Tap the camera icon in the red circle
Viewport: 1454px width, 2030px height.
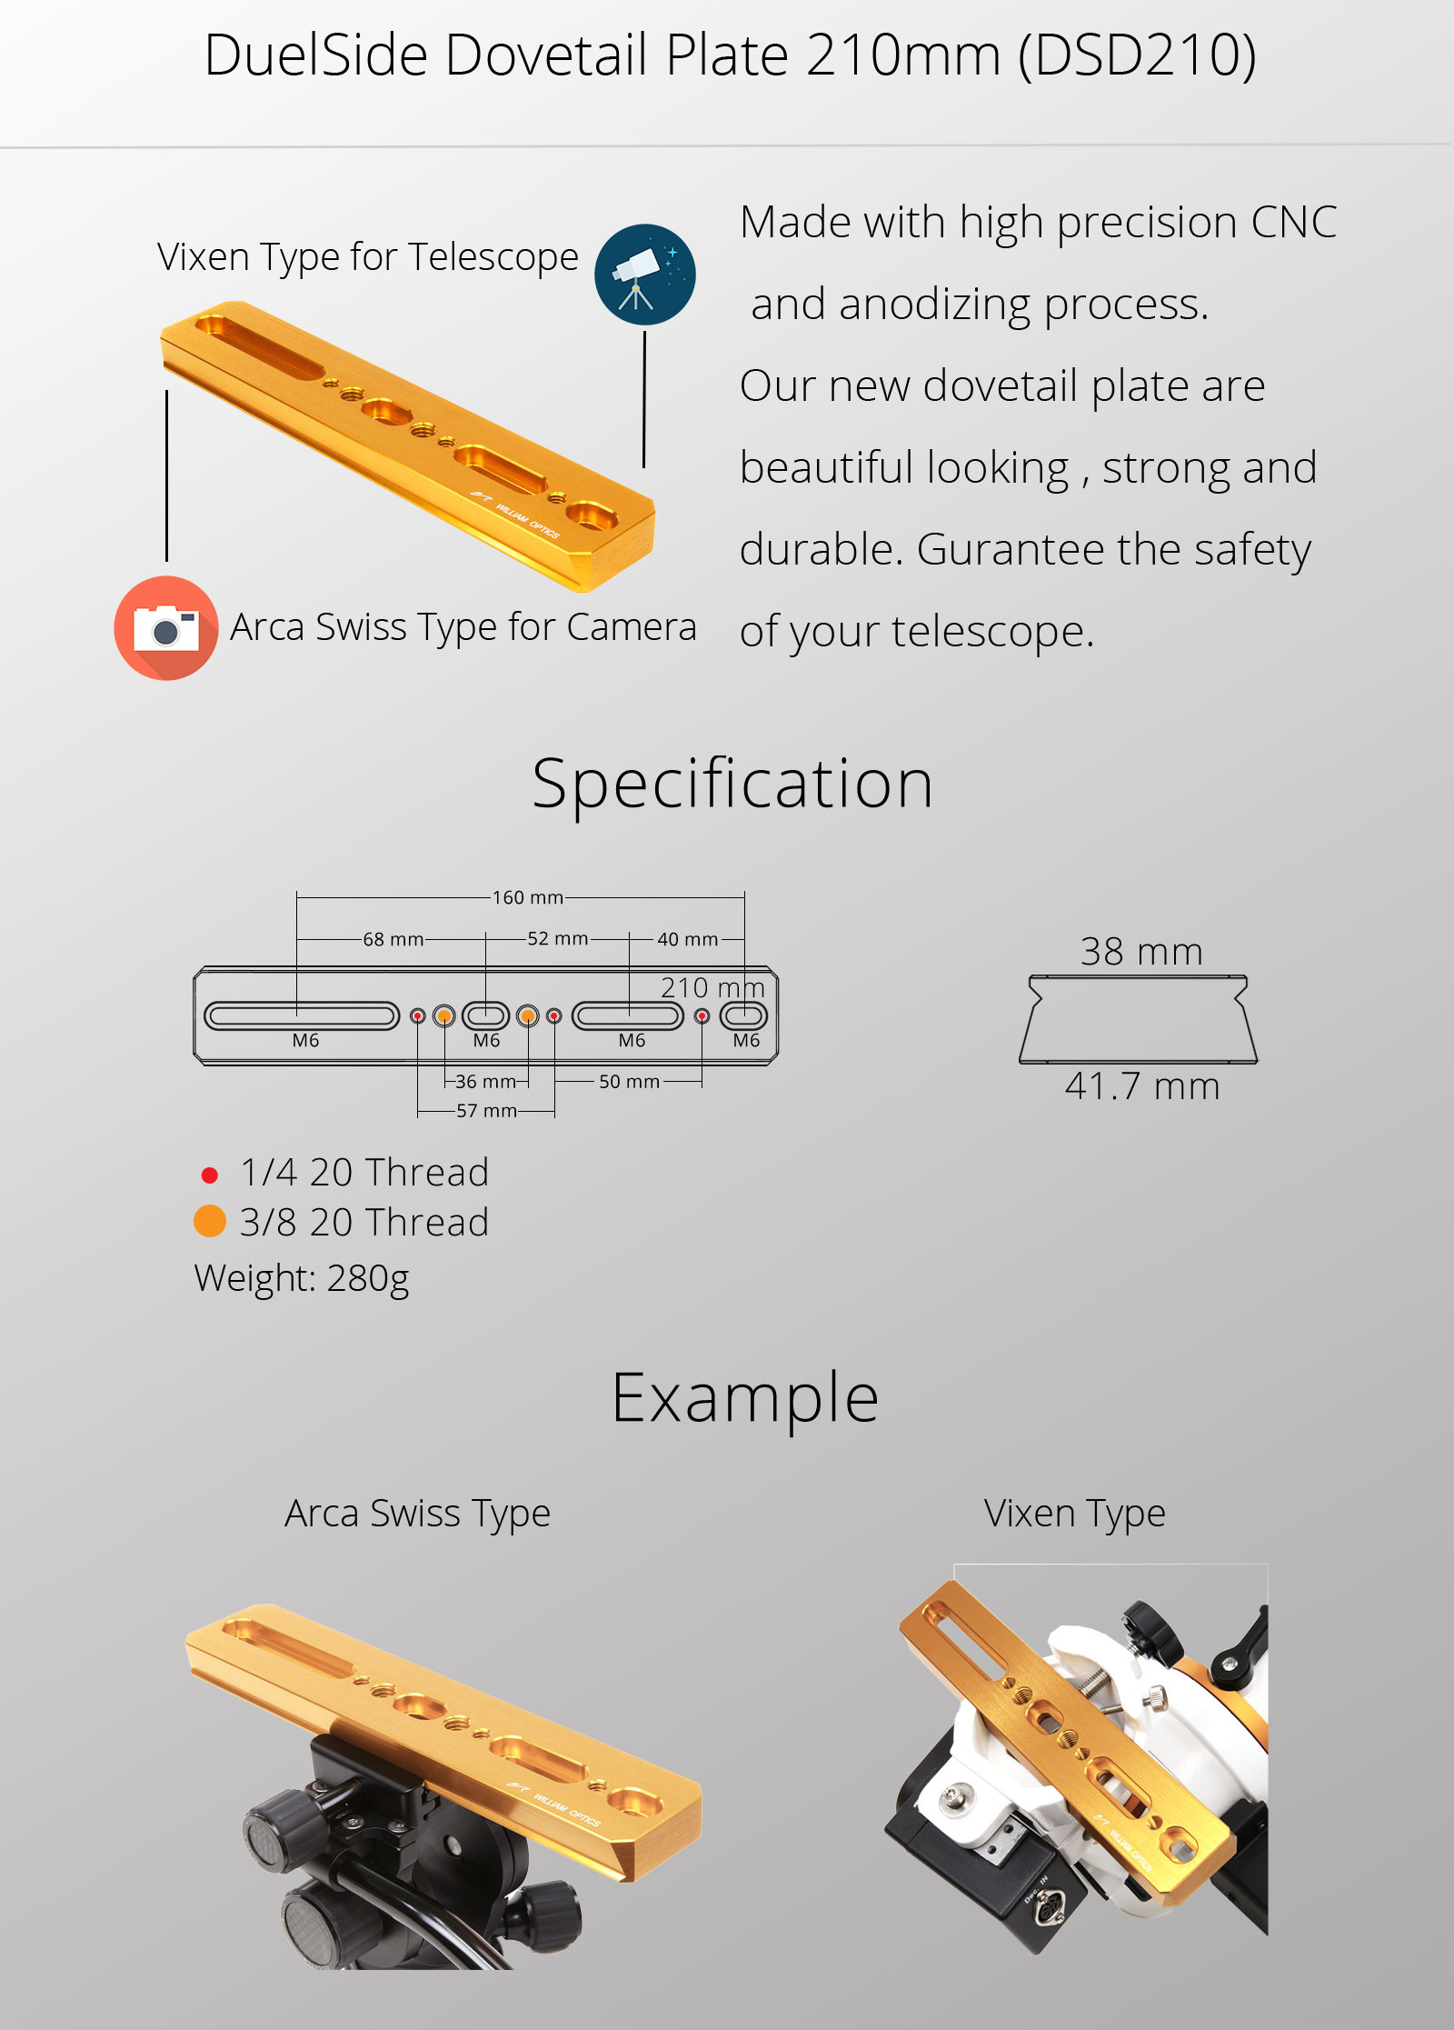pyautogui.click(x=166, y=628)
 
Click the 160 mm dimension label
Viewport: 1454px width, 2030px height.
pyautogui.click(x=528, y=897)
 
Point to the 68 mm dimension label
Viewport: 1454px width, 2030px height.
pyautogui.click(x=393, y=939)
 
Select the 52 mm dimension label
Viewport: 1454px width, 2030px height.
pyautogui.click(x=558, y=938)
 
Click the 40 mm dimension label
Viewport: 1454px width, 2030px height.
pyautogui.click(x=688, y=939)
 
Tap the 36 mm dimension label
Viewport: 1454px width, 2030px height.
pyautogui.click(x=485, y=1082)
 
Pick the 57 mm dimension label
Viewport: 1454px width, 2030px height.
pyautogui.click(x=487, y=1111)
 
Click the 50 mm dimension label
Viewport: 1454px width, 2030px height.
pyautogui.click(x=629, y=1082)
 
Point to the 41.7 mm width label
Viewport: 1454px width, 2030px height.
pyautogui.click(x=1142, y=1086)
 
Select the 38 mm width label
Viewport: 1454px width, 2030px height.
pyautogui.click(x=1141, y=952)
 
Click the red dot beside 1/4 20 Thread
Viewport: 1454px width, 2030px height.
pyautogui.click(x=209, y=1175)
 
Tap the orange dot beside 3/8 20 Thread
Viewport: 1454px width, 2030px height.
pyautogui.click(x=210, y=1221)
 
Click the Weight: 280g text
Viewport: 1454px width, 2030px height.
pyautogui.click(x=302, y=1279)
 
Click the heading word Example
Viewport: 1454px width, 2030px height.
pyautogui.click(x=745, y=1399)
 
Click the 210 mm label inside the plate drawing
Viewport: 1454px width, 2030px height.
pyautogui.click(x=712, y=988)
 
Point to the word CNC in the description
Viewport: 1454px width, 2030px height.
pyautogui.click(x=1293, y=222)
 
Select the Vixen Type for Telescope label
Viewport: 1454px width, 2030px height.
pyautogui.click(x=368, y=257)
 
